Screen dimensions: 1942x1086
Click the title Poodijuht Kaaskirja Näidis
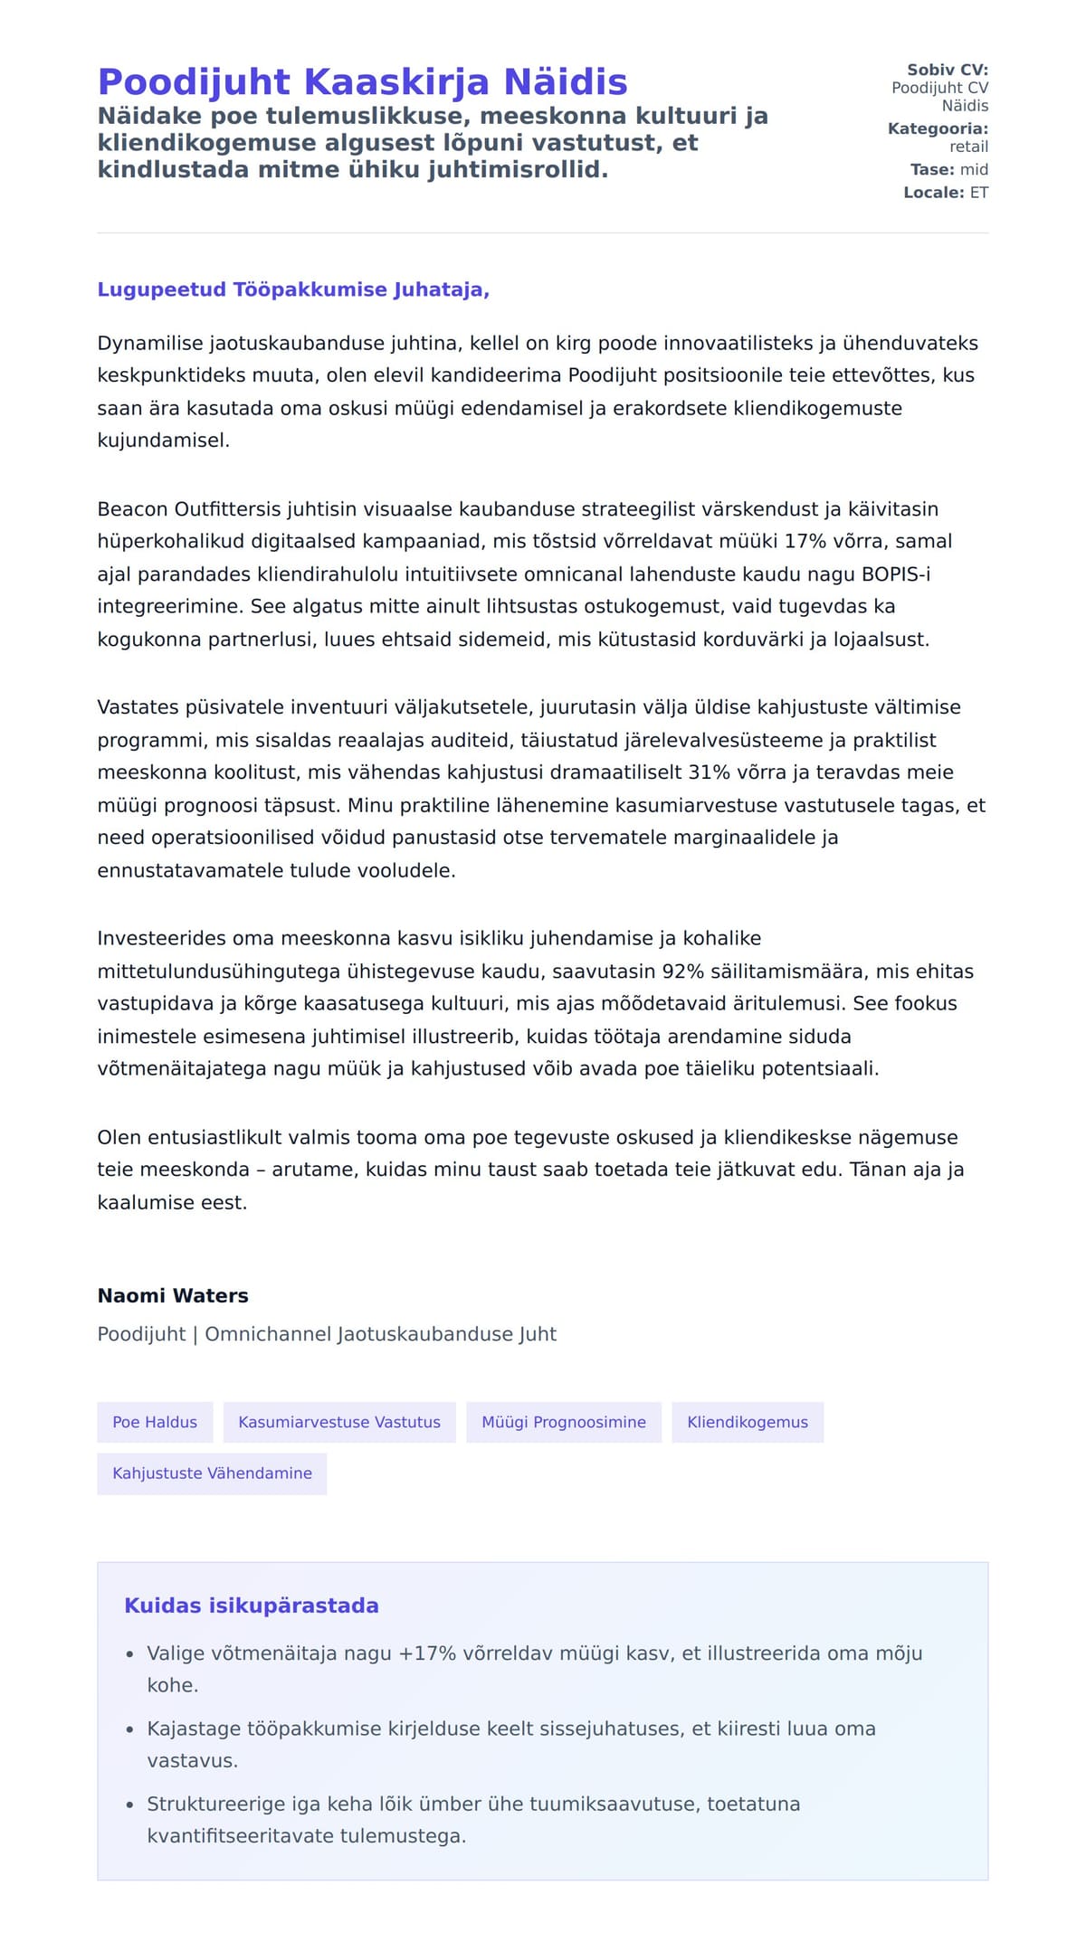(362, 82)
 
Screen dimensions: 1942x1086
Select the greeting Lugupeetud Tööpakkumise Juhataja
(293, 290)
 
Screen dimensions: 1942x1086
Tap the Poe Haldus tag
(155, 1422)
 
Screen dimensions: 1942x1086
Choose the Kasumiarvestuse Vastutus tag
(339, 1422)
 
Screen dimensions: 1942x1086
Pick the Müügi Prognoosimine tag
(564, 1422)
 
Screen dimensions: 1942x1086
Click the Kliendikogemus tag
(748, 1422)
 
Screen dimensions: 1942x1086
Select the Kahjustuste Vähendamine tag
(212, 1473)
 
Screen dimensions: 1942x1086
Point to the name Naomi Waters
(173, 1295)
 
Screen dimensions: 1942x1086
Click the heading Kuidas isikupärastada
(252, 1606)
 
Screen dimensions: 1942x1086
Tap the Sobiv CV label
(948, 70)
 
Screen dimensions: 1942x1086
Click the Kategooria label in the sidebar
(938, 128)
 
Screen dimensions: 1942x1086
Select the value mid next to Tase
(974, 169)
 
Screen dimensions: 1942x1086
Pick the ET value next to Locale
(979, 193)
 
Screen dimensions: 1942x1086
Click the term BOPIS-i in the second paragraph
(896, 574)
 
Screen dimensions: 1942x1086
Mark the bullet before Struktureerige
(130, 1805)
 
